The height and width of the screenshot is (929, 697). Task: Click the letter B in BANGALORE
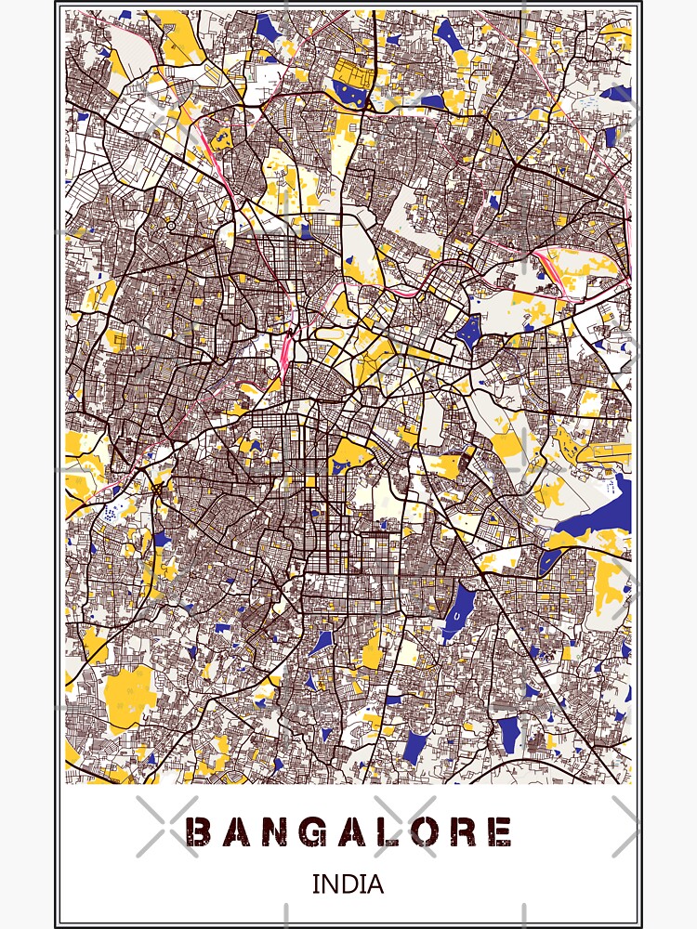click(198, 831)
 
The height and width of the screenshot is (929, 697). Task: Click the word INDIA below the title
click(348, 883)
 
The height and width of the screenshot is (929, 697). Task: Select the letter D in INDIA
click(348, 883)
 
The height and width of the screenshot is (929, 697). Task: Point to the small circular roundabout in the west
click(171, 226)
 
